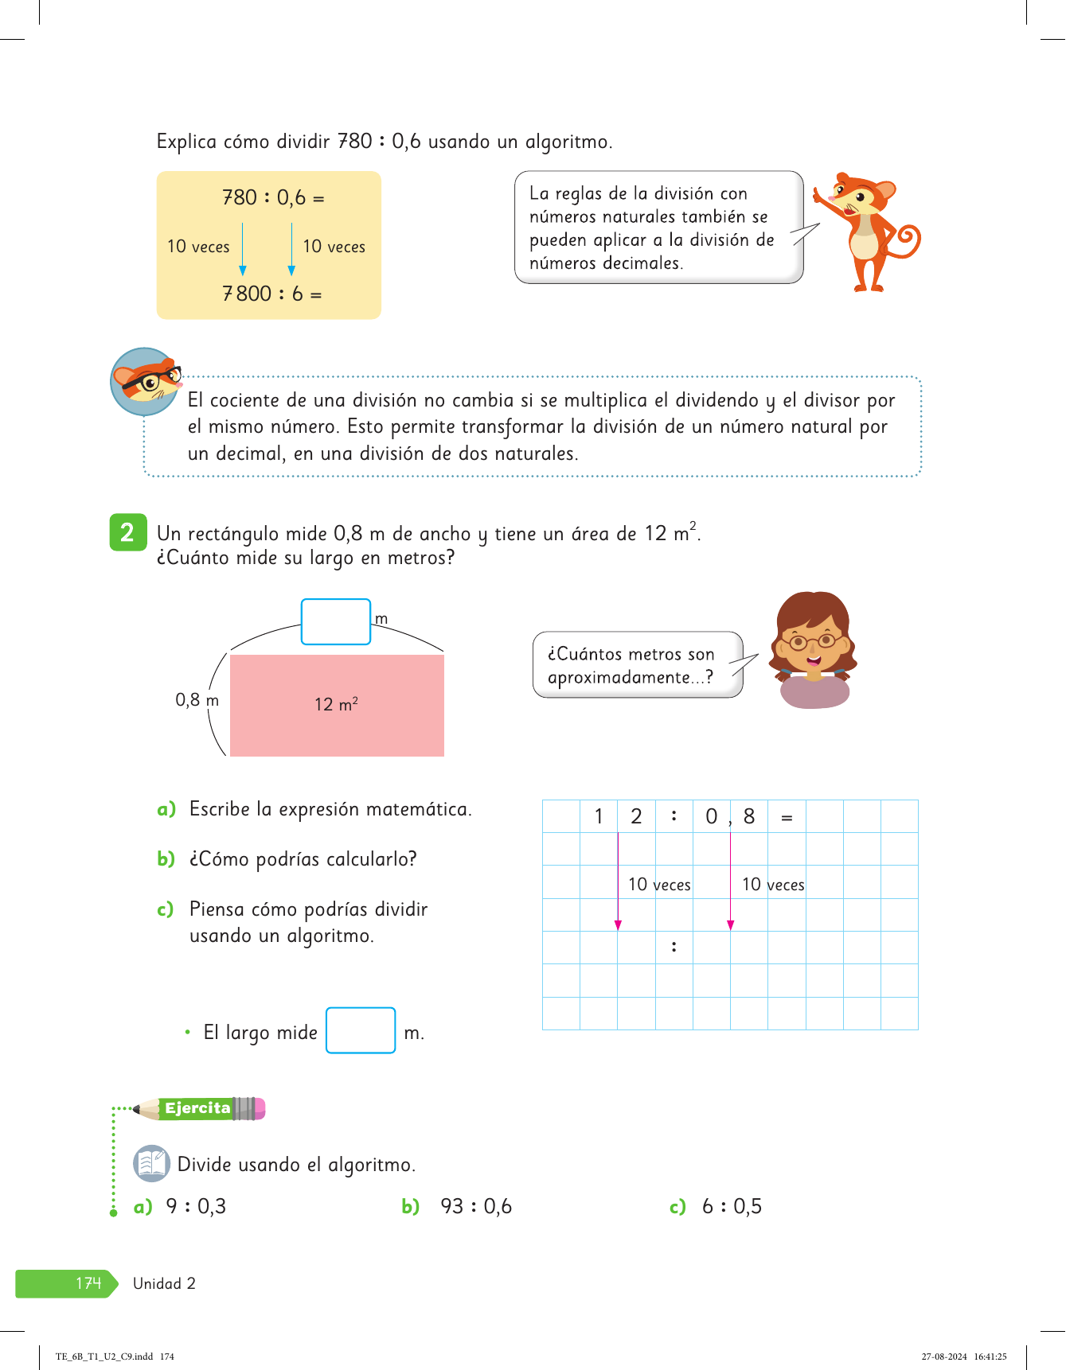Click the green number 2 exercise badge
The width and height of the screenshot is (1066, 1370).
click(x=127, y=532)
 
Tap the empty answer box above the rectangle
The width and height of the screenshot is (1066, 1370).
click(x=335, y=621)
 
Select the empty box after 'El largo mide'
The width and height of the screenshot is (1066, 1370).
click(x=361, y=1030)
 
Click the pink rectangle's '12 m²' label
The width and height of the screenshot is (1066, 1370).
click(x=336, y=704)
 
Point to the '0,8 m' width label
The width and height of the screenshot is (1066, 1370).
click(x=197, y=700)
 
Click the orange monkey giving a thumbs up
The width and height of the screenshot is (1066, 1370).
click(x=867, y=230)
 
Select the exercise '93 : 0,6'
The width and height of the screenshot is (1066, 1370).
click(x=476, y=1206)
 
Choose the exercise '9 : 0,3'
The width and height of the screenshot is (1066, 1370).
click(x=196, y=1206)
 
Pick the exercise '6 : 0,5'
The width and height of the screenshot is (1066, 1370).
click(x=732, y=1206)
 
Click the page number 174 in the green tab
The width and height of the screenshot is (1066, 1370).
click(x=88, y=1283)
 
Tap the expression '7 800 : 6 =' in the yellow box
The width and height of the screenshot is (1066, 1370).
click(x=272, y=294)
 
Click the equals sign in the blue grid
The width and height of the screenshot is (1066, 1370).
click(x=787, y=817)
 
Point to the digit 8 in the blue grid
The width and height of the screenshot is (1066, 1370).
click(x=748, y=816)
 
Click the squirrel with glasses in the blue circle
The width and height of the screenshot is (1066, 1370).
click(x=146, y=382)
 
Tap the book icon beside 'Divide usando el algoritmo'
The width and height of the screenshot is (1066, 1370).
click(x=151, y=1163)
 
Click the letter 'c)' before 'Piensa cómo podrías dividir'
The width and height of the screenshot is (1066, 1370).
click(x=166, y=909)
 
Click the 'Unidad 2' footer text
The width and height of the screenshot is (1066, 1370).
click(x=164, y=1283)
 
